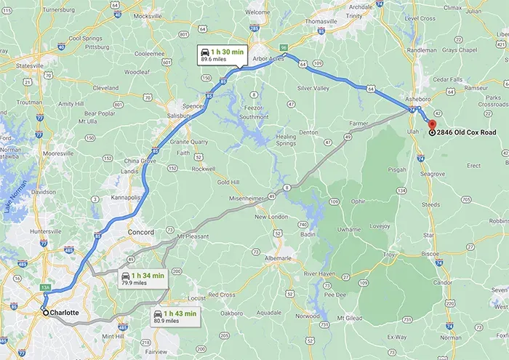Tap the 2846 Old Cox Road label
[x=468, y=132]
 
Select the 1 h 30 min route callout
[x=225, y=55]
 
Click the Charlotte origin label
[x=65, y=313]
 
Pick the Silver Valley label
[x=313, y=88]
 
